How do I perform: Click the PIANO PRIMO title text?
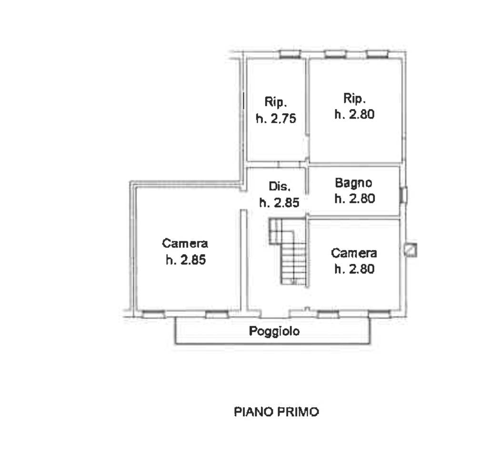coord(276,412)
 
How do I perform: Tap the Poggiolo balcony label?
coord(274,331)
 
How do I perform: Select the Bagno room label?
coord(353,183)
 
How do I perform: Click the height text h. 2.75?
coord(276,119)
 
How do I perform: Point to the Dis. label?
coord(280,186)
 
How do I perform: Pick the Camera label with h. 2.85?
coord(185,243)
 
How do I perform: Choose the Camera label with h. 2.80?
coord(354,253)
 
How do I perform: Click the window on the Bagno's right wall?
coord(404,195)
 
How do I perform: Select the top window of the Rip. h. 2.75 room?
coord(290,54)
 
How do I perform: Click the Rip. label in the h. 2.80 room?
coord(354,98)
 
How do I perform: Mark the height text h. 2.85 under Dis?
coord(279,203)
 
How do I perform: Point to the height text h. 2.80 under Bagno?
coord(354,199)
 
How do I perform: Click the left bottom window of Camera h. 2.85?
coord(153,314)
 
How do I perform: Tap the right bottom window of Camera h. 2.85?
coord(217,314)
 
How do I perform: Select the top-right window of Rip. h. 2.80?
coord(378,54)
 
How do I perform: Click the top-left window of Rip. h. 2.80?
coord(335,54)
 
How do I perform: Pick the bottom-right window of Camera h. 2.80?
coord(380,314)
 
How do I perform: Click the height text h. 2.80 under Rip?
coord(354,114)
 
